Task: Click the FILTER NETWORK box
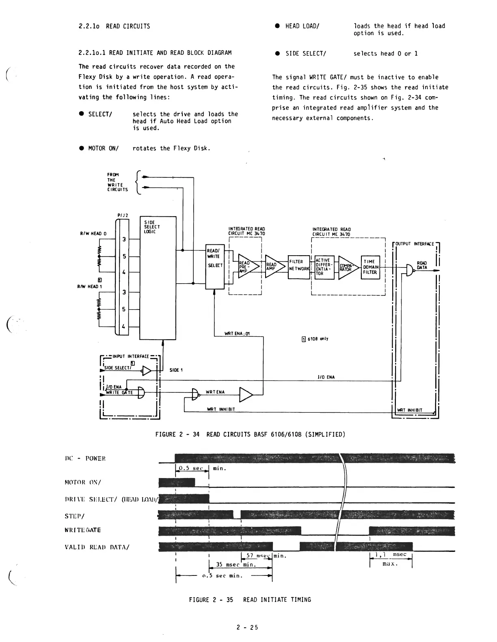click(x=299, y=267)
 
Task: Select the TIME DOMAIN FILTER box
click(x=370, y=267)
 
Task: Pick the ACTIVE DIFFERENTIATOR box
click(x=324, y=267)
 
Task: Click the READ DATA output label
click(x=422, y=265)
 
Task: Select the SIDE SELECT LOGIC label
click(x=152, y=227)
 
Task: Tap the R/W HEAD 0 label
click(x=93, y=233)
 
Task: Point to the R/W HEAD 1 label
click(x=90, y=287)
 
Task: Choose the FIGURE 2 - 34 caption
click(x=250, y=434)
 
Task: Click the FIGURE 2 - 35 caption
click(x=250, y=599)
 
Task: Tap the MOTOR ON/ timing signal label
click(x=83, y=482)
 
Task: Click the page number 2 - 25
click(x=247, y=627)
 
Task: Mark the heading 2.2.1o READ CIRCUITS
click(x=114, y=26)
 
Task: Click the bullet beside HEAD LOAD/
click(x=277, y=26)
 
